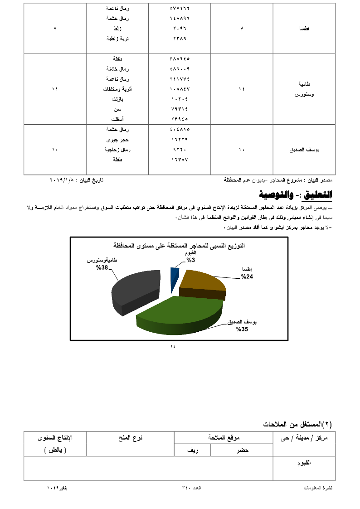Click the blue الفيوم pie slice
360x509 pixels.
pyautogui.click(x=175, y=277)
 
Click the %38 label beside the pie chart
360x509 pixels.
pyautogui.click(x=102, y=268)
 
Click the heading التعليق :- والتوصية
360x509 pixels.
pyautogui.click(x=295, y=195)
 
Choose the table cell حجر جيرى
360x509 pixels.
pyautogui.click(x=117, y=140)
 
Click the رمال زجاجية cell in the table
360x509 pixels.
pyautogui.click(x=117, y=150)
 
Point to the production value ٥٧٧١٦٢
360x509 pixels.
pyautogui.click(x=180, y=9)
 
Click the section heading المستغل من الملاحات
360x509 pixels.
pyautogui.click(x=297, y=424)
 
